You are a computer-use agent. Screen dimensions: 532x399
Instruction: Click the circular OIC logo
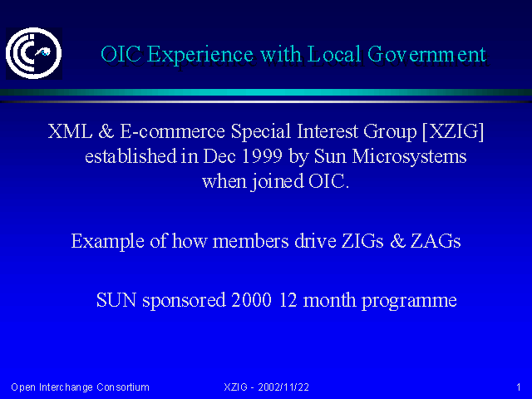point(33,53)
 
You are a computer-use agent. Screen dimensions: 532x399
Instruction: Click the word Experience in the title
point(200,55)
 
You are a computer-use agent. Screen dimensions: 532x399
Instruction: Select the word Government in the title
point(426,54)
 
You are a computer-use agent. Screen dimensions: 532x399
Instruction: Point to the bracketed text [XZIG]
point(453,131)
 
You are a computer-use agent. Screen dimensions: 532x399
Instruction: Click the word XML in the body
point(70,131)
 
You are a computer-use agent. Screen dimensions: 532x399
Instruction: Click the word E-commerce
point(172,131)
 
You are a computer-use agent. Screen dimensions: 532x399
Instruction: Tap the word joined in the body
point(277,181)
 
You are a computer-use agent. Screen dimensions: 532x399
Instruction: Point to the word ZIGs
point(362,241)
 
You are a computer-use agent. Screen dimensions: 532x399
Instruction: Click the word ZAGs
point(436,241)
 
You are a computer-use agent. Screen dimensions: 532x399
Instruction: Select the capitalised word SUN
point(116,300)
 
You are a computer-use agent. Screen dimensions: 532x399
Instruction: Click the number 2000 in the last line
point(251,300)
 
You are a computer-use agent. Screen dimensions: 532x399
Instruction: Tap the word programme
point(409,301)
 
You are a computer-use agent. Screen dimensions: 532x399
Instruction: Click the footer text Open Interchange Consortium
point(80,387)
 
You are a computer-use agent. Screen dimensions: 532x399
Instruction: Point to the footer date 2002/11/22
point(283,387)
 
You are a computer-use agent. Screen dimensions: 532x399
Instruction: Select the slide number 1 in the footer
point(519,387)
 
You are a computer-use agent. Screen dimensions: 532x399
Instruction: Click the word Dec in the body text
point(219,156)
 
